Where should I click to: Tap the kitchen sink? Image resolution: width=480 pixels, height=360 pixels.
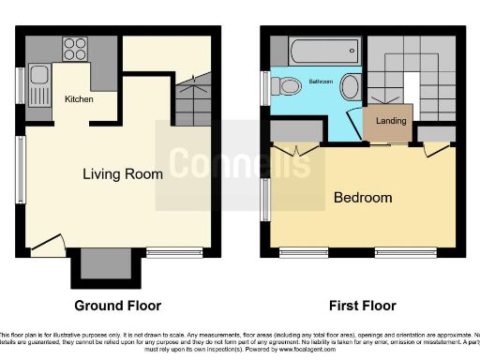pos(39,80)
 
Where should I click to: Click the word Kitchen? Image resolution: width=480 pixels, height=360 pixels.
pos(79,97)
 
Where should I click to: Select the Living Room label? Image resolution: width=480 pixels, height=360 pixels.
pos(123,173)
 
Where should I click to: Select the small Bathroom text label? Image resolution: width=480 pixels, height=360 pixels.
pos(321,82)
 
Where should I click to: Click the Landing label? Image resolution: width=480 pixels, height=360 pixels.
pos(390,121)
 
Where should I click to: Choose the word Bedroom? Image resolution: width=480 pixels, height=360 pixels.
pos(363,198)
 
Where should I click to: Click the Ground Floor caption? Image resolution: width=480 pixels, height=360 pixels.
pos(118,306)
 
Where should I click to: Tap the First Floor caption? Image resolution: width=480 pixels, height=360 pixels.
pos(362,306)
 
